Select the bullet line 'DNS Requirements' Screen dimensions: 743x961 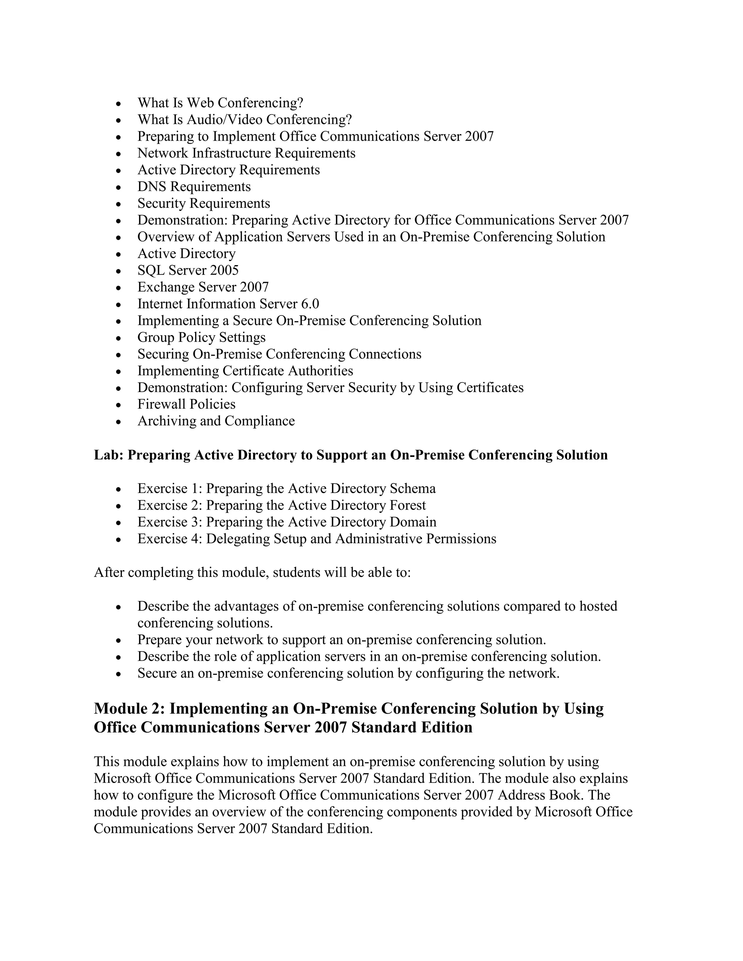(194, 186)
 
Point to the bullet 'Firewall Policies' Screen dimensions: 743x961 (186, 404)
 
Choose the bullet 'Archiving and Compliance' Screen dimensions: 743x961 (216, 421)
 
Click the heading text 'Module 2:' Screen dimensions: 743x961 (130, 709)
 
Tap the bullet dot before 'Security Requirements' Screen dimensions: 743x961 (118, 204)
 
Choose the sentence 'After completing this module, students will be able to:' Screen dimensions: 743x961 (252, 573)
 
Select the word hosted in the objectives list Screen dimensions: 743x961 (598, 606)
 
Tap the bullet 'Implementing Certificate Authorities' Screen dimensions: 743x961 (245, 371)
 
